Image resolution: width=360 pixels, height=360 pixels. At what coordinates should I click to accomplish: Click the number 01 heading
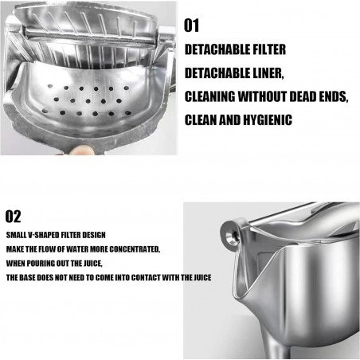(x=191, y=25)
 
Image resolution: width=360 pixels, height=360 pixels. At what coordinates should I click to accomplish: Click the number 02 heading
(x=13, y=217)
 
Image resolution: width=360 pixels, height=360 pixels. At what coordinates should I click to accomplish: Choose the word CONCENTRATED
(x=135, y=249)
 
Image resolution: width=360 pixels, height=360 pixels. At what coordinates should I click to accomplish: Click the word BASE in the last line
(x=28, y=278)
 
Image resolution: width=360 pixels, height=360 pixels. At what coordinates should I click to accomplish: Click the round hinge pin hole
(x=230, y=236)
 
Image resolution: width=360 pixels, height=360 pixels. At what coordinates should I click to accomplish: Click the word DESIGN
(x=94, y=235)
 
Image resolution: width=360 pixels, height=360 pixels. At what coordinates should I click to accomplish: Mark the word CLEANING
(x=209, y=96)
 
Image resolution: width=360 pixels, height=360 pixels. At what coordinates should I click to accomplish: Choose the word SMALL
(x=16, y=235)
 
